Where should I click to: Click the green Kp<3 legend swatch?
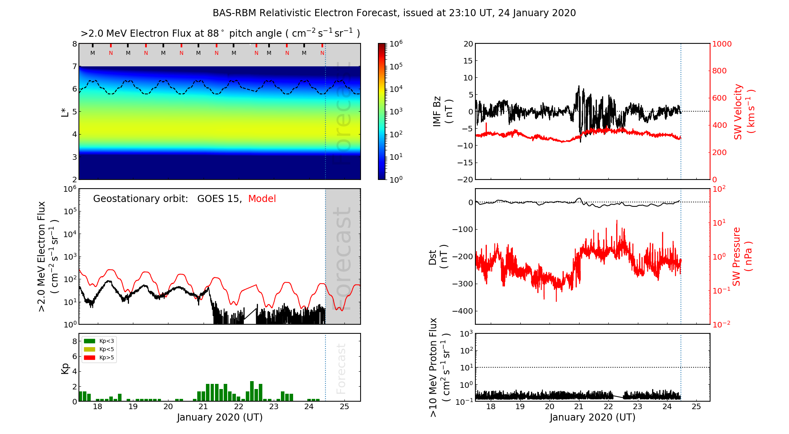90,341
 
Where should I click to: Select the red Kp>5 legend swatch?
90,358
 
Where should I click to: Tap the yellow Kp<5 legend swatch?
90,349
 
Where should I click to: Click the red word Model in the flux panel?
262,199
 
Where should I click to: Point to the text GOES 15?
219,199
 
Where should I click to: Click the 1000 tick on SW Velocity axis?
722,44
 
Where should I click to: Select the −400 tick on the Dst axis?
462,311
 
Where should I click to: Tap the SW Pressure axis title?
742,256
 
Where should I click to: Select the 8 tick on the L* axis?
75,44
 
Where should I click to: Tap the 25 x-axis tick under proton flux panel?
696,407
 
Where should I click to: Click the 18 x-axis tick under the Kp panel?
97,407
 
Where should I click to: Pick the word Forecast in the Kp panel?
341,369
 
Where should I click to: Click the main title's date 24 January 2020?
537,13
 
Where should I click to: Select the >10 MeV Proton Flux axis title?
439,368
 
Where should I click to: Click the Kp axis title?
65,369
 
